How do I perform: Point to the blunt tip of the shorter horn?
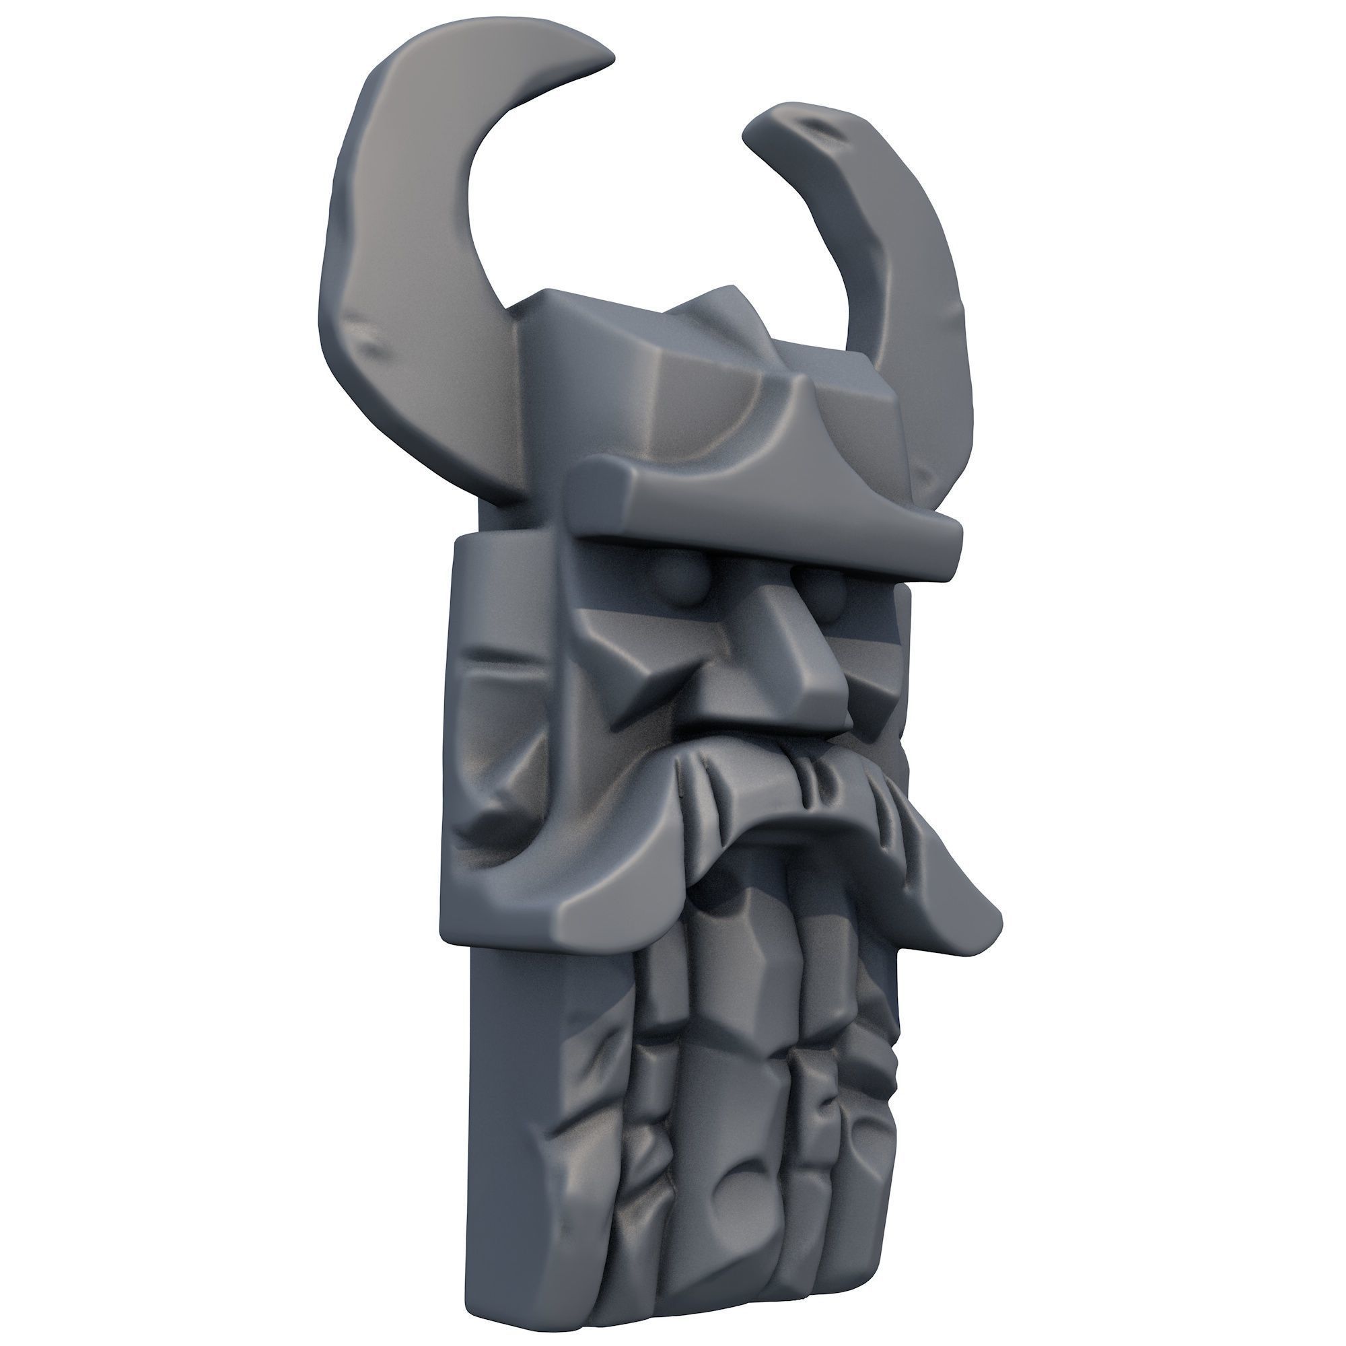pos(756,129)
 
